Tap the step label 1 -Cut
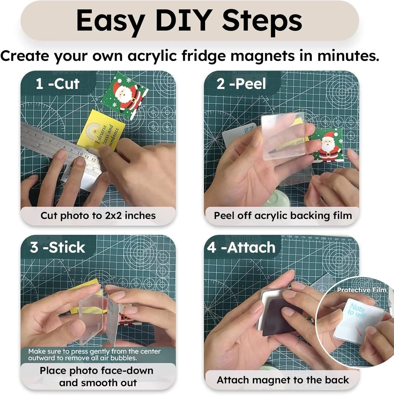(58, 84)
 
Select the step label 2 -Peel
(241, 84)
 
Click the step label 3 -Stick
(58, 248)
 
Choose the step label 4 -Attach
(241, 248)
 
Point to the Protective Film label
(362, 290)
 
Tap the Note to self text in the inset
(356, 311)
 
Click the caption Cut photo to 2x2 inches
(98, 216)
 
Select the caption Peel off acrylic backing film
(283, 216)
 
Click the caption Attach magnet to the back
(283, 380)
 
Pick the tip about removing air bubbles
(94, 354)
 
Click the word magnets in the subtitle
(263, 56)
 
